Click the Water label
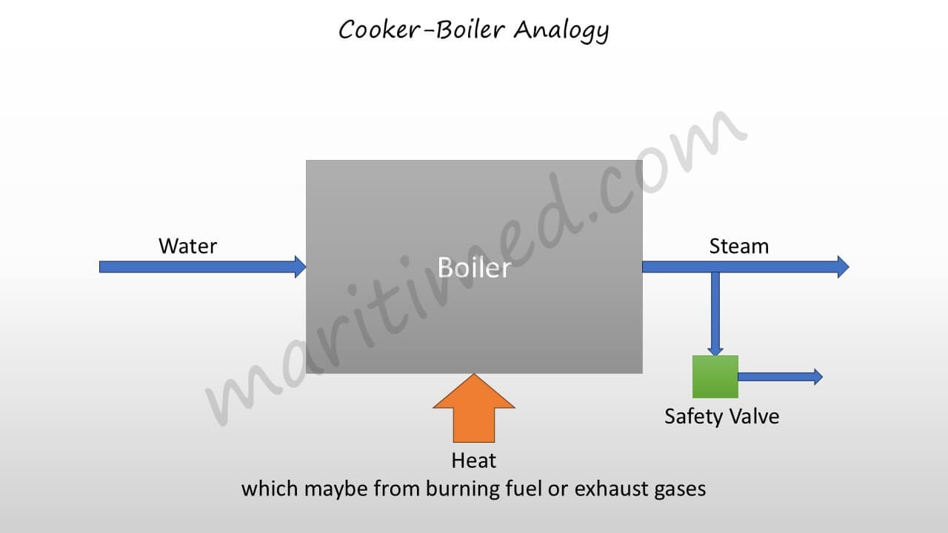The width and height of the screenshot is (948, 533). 187,246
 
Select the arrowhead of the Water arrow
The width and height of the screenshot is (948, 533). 301,266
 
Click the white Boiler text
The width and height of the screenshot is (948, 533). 474,267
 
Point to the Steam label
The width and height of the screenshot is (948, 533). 738,246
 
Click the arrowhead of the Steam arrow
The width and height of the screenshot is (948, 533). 843,266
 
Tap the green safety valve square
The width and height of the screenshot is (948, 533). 715,377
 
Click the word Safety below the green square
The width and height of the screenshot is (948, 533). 692,416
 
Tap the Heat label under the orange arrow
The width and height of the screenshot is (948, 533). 473,460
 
